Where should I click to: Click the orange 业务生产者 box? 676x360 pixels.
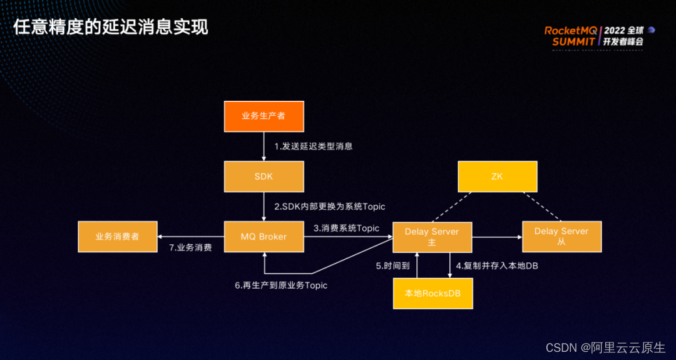[x=264, y=116]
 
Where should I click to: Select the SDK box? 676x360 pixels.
[x=264, y=176]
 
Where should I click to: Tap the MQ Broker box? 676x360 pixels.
[x=264, y=237]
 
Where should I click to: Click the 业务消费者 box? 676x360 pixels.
[x=117, y=237]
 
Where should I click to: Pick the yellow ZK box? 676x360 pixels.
[x=498, y=176]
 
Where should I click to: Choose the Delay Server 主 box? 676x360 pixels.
[x=432, y=237]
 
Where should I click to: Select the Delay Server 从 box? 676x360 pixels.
[x=561, y=237]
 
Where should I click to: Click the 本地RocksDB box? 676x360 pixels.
[x=432, y=293]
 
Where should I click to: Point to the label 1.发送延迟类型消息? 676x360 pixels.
[x=314, y=147]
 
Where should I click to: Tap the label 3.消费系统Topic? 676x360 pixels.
[x=346, y=229]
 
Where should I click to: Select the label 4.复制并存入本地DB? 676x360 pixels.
[x=497, y=265]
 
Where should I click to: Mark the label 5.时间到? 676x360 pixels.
[x=392, y=265]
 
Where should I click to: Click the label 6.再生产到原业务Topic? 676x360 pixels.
[x=281, y=285]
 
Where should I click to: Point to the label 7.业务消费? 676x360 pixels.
[x=190, y=247]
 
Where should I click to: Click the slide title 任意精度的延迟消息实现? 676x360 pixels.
[x=111, y=27]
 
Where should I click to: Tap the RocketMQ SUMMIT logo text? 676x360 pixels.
[x=571, y=36]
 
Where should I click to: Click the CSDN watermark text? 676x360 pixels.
[x=605, y=347]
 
